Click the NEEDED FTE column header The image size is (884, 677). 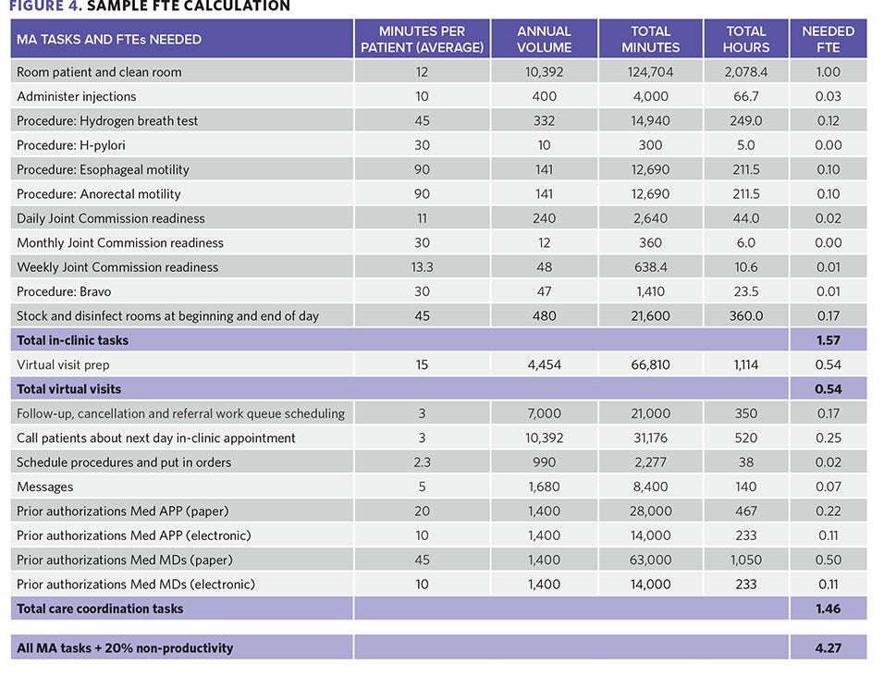click(x=829, y=39)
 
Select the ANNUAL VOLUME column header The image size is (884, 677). click(x=544, y=39)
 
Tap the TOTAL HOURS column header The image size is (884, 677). click(x=746, y=39)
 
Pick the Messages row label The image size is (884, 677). click(x=44, y=486)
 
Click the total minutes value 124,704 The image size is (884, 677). click(x=650, y=72)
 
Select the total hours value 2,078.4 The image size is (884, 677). click(x=746, y=72)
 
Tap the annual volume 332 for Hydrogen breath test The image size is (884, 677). click(x=544, y=120)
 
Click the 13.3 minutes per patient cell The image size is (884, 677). click(x=422, y=267)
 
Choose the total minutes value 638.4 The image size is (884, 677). click(x=650, y=267)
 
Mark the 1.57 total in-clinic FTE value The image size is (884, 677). click(x=829, y=340)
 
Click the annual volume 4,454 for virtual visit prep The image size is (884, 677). click(x=544, y=364)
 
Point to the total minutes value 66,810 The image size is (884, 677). click(x=650, y=364)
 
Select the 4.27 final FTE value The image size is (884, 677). click(x=829, y=648)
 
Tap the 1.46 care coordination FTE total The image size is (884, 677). click(x=829, y=609)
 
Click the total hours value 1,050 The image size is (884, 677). click(x=746, y=560)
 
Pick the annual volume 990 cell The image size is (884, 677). click(x=544, y=462)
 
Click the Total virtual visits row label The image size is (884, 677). click(x=68, y=389)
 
